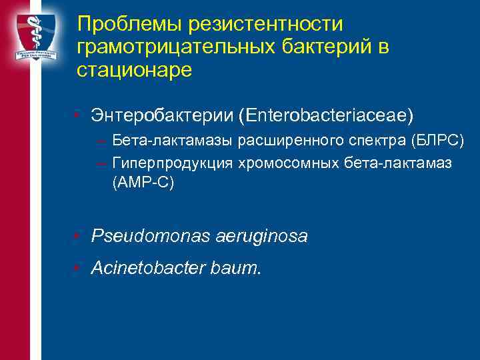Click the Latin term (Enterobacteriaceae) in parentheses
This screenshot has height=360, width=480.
[327, 116]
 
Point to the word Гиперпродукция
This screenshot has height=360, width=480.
[162, 162]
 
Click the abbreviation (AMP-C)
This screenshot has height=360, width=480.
[143, 183]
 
